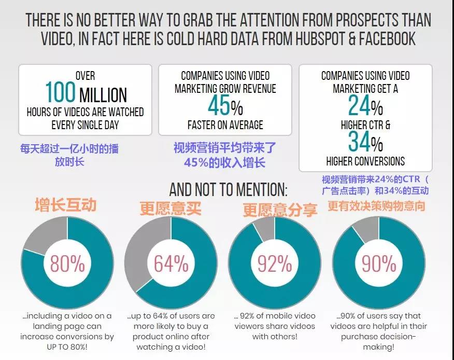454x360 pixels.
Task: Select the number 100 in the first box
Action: pos(60,92)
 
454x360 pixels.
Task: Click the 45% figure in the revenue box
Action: pos(224,106)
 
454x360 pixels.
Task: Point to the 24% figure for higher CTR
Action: pos(365,106)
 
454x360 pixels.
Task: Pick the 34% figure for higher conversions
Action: pos(365,142)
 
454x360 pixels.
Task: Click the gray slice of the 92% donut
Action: pos(266,228)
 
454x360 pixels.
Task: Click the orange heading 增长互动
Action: pos(66,204)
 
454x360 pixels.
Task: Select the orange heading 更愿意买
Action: pos(170,208)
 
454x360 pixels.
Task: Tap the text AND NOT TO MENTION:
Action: pos(228,188)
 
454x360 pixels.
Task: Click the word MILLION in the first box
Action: pos(103,95)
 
